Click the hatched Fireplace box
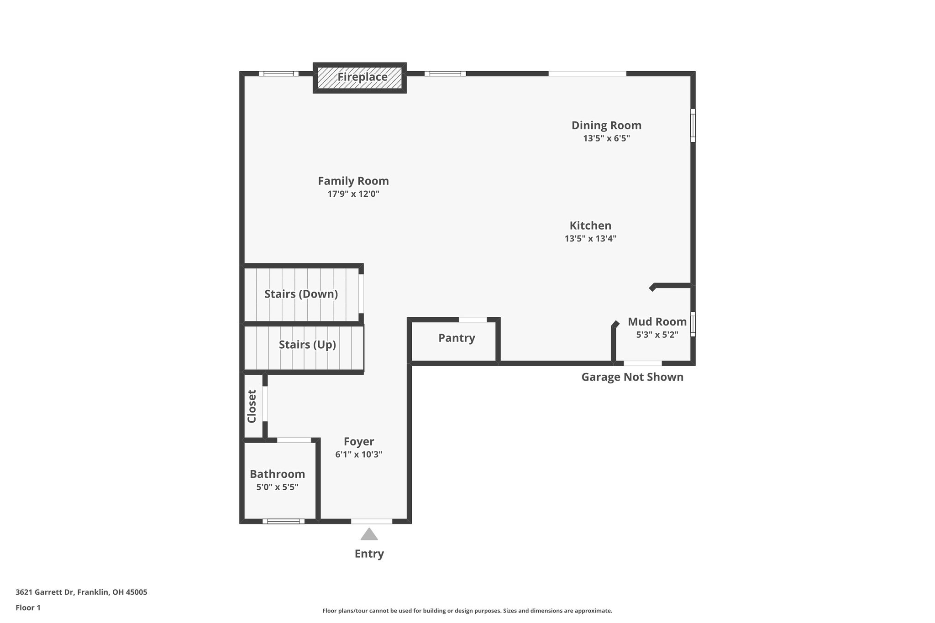(360, 78)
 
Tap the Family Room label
(353, 181)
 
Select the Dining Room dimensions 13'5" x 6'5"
(606, 138)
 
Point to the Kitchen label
(590, 225)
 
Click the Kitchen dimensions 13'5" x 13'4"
(590, 238)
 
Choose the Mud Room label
(657, 322)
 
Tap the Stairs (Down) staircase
(301, 294)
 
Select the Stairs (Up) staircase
(307, 345)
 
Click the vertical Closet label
(252, 406)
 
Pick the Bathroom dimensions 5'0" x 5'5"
(277, 487)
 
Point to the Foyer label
(359, 442)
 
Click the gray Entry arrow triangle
(369, 534)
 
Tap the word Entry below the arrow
(369, 554)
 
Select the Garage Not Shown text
(632, 377)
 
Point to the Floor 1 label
(28, 607)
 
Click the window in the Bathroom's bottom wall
(283, 521)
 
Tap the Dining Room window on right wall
(693, 125)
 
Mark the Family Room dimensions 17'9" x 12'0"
(353, 194)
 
